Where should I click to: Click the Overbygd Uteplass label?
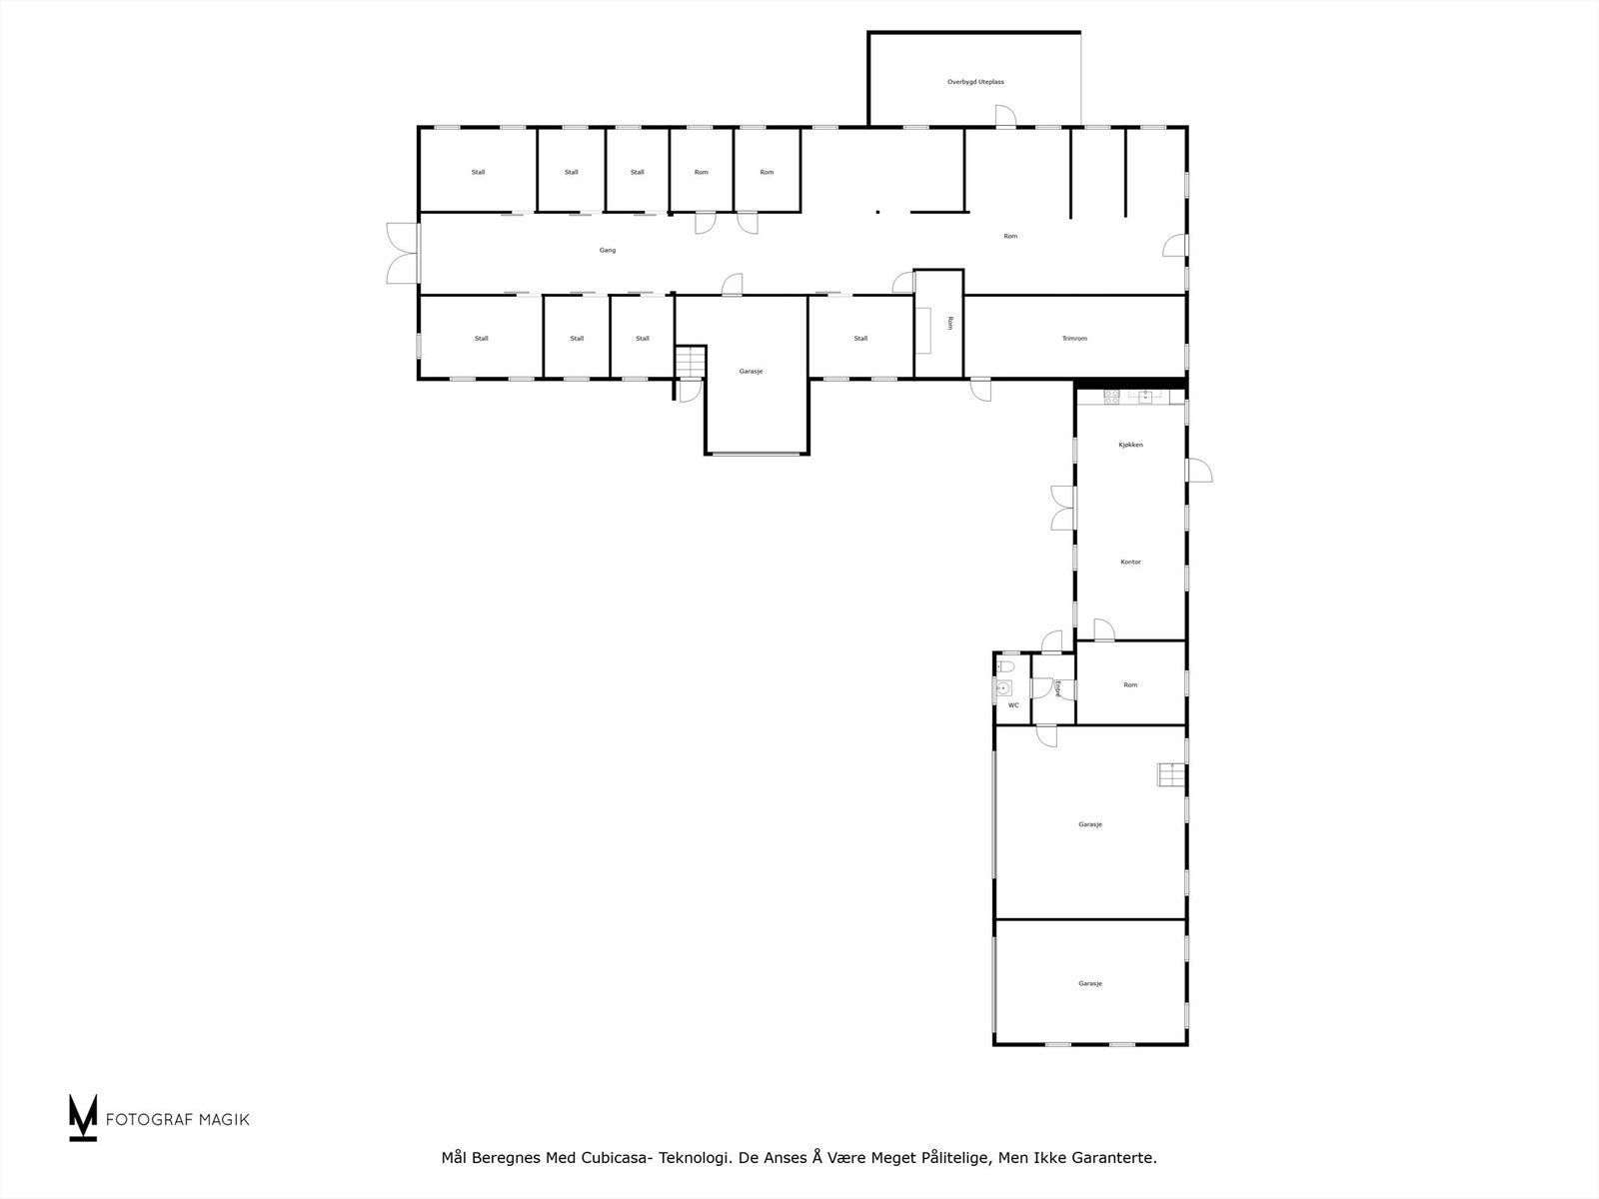click(975, 82)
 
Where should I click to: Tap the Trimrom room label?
click(1074, 339)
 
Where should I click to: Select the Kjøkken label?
click(1130, 445)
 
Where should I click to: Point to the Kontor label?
click(1130, 562)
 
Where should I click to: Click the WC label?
click(1013, 705)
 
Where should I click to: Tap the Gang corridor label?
click(608, 251)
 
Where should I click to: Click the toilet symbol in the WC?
click(1006, 664)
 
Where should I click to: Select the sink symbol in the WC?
click(1003, 687)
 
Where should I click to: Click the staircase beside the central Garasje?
click(691, 362)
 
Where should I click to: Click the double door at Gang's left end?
click(403, 253)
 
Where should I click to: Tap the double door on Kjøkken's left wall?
click(1062, 508)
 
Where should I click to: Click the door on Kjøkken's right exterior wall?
click(1198, 471)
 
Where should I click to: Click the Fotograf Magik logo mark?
click(83, 1117)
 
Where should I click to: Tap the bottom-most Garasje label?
click(1089, 984)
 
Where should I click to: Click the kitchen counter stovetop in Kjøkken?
click(1111, 396)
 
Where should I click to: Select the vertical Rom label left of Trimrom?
click(950, 323)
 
